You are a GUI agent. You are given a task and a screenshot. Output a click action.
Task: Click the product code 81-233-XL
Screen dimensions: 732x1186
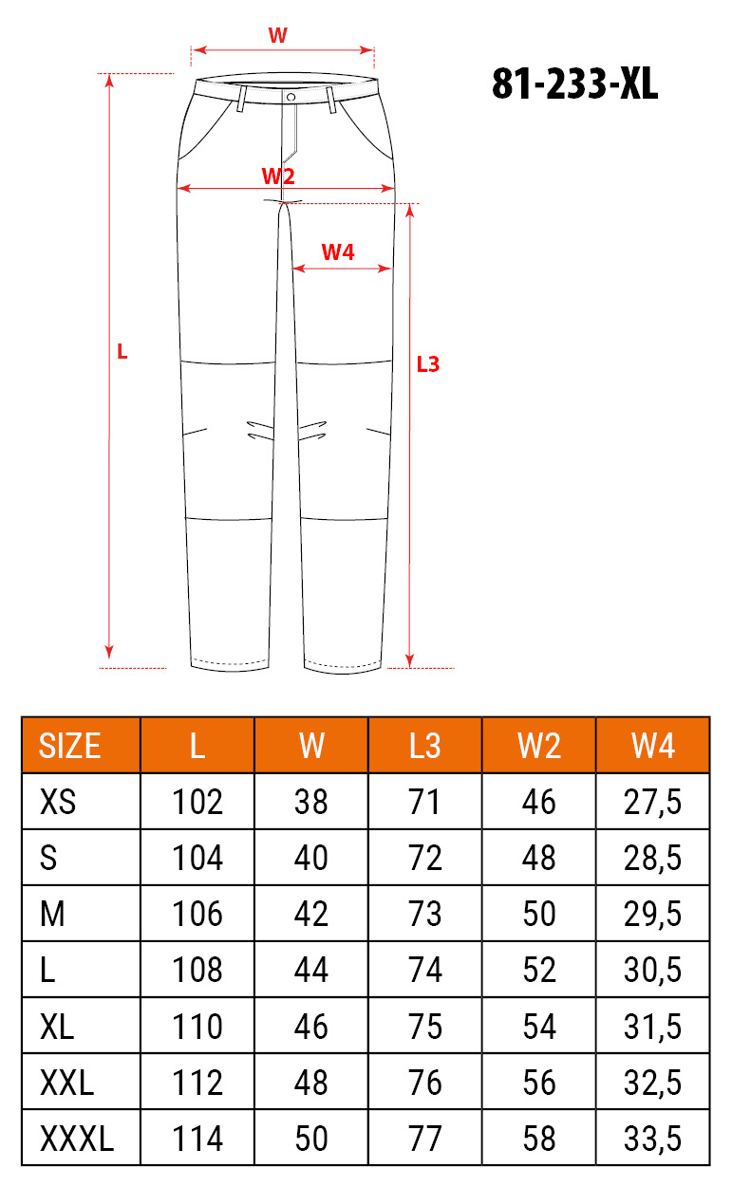point(574,83)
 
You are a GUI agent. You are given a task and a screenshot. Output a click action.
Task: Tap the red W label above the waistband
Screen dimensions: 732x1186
point(278,35)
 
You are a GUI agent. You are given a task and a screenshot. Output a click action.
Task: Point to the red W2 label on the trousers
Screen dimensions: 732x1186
point(278,176)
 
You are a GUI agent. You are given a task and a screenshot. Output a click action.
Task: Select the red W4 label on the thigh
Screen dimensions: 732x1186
point(338,252)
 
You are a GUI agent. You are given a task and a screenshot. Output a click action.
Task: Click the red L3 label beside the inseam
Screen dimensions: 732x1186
point(428,364)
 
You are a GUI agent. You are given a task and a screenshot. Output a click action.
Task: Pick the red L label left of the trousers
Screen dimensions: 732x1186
point(122,352)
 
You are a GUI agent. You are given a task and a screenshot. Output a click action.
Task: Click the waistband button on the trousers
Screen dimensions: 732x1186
point(291,97)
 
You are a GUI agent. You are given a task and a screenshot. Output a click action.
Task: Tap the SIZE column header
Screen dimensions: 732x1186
point(69,746)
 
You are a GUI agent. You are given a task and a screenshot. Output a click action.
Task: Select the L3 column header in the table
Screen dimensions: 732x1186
point(424,746)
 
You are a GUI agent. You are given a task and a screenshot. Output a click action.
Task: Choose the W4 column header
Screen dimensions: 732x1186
point(652,746)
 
